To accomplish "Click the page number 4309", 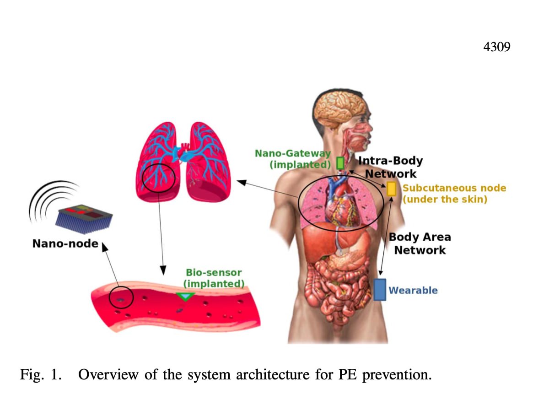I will click(x=496, y=47).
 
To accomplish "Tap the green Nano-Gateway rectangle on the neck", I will click(x=340, y=163).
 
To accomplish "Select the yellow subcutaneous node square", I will click(x=391, y=189).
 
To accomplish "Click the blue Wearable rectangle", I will click(x=380, y=290).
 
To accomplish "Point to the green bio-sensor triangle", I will click(x=185, y=297).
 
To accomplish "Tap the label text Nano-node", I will click(x=65, y=243).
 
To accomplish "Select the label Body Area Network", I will click(x=420, y=243).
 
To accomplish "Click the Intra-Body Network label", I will click(x=390, y=167).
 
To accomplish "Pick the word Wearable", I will click(x=413, y=290).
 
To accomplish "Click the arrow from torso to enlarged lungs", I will click(x=267, y=189).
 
